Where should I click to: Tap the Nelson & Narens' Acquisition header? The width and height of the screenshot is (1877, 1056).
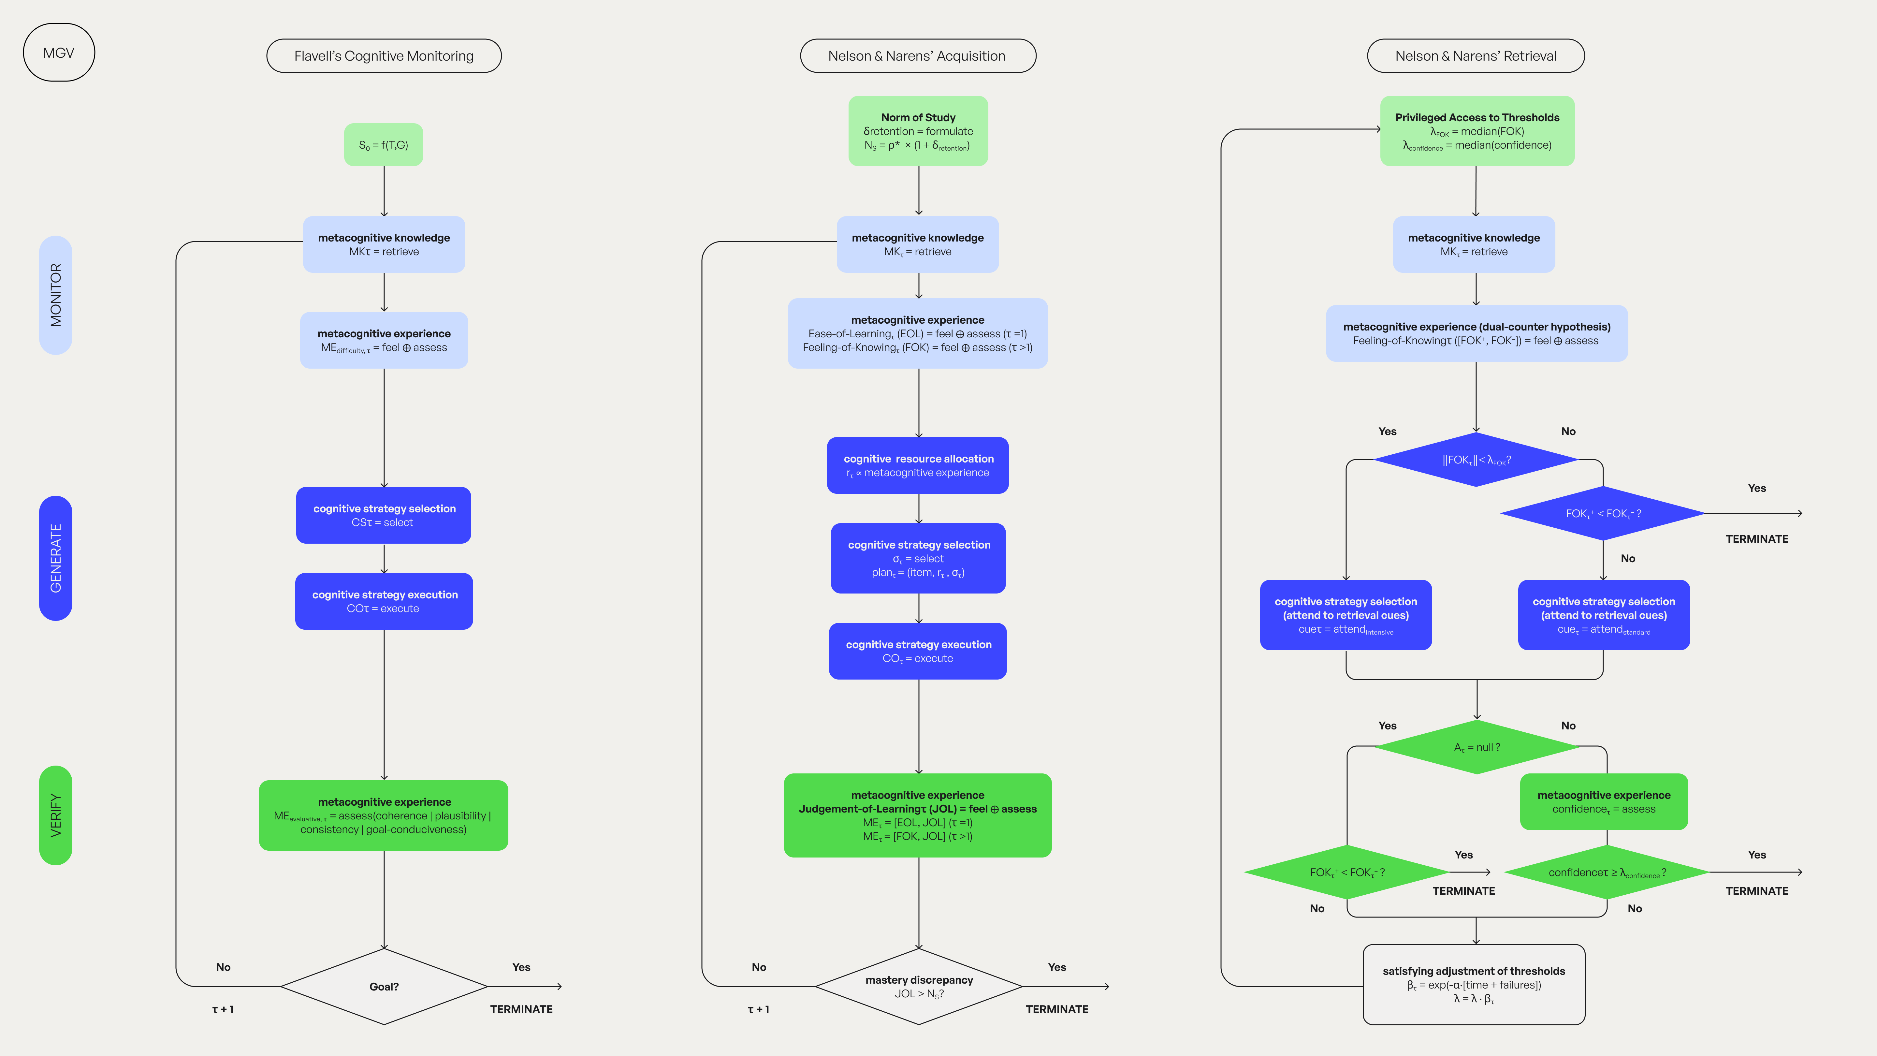[917, 56]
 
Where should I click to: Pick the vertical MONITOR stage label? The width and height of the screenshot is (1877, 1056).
[55, 295]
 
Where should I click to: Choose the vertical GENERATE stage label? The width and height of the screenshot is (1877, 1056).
[55, 558]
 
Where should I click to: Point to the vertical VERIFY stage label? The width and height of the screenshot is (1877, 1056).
[55, 815]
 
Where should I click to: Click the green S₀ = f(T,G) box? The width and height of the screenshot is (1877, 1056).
[383, 145]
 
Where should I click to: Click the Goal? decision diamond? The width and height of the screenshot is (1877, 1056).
[384, 986]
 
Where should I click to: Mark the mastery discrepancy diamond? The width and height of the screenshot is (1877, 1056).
[919, 986]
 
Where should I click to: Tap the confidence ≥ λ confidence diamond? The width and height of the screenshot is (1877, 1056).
[1607, 873]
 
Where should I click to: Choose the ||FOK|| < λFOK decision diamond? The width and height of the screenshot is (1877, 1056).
[1476, 460]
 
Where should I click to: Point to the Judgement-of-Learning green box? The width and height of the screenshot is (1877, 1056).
[917, 815]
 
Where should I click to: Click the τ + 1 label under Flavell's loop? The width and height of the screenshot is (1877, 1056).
[222, 1009]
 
